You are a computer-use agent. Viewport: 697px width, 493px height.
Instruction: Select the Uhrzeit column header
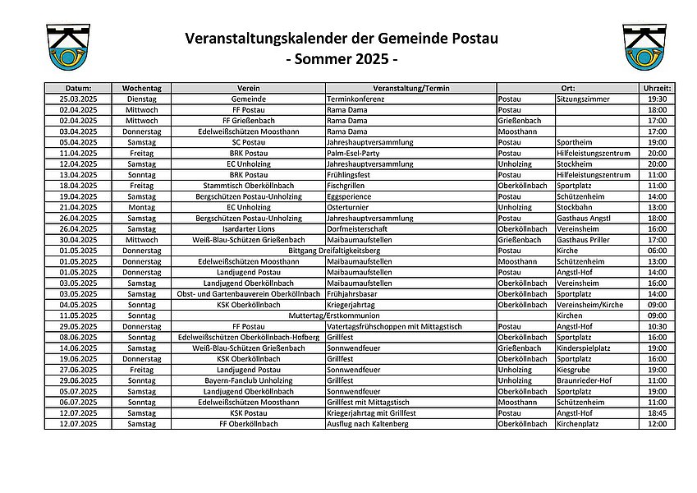tap(657, 87)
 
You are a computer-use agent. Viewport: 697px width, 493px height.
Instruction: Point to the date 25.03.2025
tap(79, 98)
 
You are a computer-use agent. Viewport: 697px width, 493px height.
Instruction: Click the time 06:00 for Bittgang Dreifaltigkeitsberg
tap(657, 250)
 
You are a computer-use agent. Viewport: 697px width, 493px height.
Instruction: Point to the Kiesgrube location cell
tap(574, 370)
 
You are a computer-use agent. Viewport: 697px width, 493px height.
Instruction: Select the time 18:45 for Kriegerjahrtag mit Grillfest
tap(657, 412)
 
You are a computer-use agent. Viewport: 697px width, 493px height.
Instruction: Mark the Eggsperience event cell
tap(350, 196)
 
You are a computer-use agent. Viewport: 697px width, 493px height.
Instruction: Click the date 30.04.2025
tap(79, 239)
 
